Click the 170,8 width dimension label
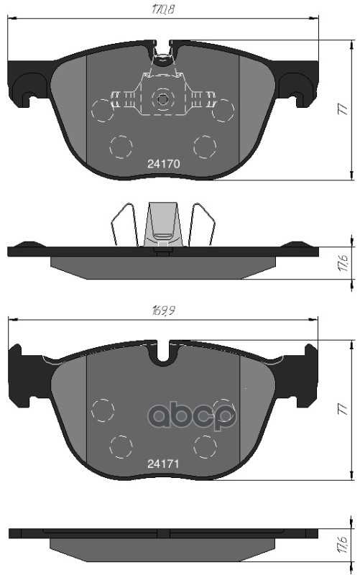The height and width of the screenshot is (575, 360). pyautogui.click(x=163, y=9)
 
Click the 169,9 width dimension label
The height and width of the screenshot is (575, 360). pyautogui.click(x=163, y=311)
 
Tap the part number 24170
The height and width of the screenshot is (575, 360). pyautogui.click(x=164, y=164)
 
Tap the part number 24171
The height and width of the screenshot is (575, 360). pyautogui.click(x=164, y=464)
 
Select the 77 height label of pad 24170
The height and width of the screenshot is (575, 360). pyautogui.click(x=343, y=109)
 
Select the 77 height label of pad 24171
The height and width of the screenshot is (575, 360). pyautogui.click(x=343, y=409)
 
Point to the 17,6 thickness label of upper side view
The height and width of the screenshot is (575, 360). pyautogui.click(x=344, y=263)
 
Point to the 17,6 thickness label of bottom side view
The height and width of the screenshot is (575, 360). pyautogui.click(x=344, y=545)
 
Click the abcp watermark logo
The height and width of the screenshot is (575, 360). pyautogui.click(x=192, y=415)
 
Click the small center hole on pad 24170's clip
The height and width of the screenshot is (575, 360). pyautogui.click(x=163, y=98)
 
